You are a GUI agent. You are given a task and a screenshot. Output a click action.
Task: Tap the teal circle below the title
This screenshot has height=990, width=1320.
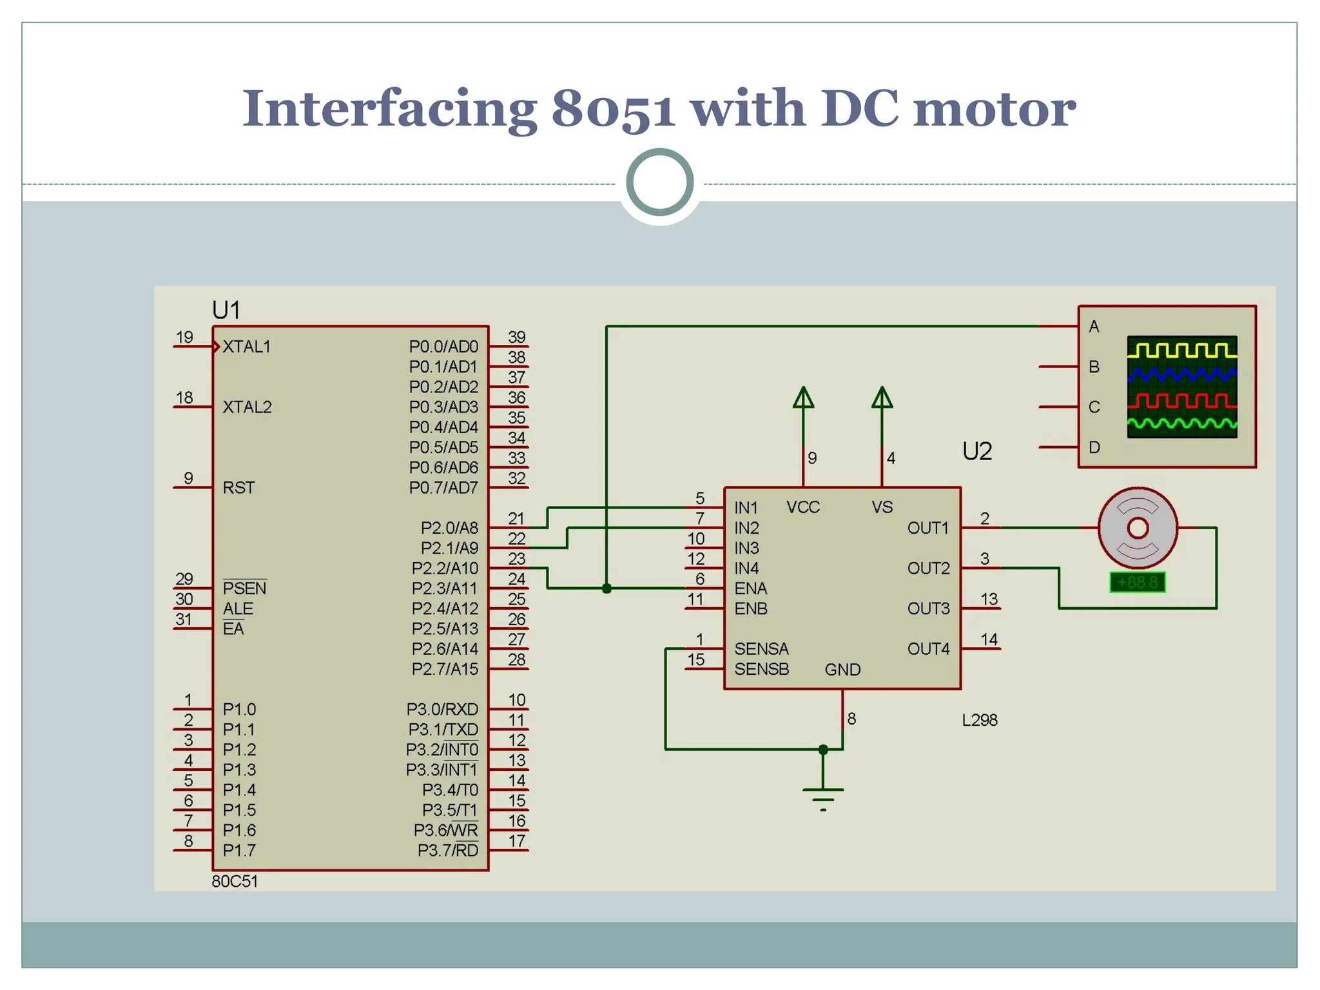pyautogui.click(x=659, y=182)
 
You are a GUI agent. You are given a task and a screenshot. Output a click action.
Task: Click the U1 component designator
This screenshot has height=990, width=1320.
pyautogui.click(x=226, y=311)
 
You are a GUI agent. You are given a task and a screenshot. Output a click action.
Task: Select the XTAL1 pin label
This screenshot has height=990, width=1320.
pyautogui.click(x=246, y=347)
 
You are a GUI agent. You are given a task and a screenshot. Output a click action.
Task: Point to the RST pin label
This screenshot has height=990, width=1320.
pyautogui.click(x=238, y=488)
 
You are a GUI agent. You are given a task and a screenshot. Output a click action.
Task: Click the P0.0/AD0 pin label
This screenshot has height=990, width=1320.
pyautogui.click(x=443, y=347)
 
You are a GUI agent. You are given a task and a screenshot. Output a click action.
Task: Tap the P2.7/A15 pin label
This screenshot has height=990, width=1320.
pyautogui.click(x=445, y=669)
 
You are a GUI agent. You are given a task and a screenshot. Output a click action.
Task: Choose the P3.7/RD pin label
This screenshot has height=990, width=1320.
pyautogui.click(x=447, y=850)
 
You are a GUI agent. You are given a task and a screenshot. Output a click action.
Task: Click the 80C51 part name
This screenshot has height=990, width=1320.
pyautogui.click(x=235, y=881)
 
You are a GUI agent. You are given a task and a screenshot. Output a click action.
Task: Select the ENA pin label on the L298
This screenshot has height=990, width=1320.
pyautogui.click(x=750, y=588)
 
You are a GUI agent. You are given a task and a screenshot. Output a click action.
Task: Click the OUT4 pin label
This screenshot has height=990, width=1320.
pyautogui.click(x=928, y=649)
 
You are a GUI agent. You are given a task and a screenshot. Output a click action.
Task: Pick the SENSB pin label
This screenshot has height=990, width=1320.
pyautogui.click(x=761, y=669)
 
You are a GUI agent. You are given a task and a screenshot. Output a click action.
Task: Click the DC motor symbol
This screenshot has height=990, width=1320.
pyautogui.click(x=1138, y=528)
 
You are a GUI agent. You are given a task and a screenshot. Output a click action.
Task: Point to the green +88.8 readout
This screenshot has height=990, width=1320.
pyautogui.click(x=1137, y=583)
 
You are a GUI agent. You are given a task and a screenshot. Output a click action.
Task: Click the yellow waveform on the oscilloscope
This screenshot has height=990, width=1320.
pyautogui.click(x=1181, y=350)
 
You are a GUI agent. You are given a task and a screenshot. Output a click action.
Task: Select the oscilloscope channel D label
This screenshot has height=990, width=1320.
pyautogui.click(x=1094, y=447)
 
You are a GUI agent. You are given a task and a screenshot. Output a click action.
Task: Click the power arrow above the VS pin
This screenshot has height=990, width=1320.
pyautogui.click(x=882, y=398)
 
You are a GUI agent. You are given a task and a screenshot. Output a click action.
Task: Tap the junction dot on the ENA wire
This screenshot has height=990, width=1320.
pyautogui.click(x=607, y=588)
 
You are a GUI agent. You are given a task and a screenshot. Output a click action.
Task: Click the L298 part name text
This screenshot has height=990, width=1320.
pyautogui.click(x=979, y=720)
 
